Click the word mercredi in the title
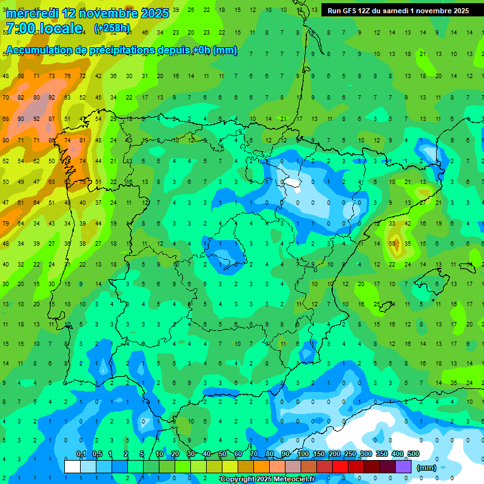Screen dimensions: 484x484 click(32, 13)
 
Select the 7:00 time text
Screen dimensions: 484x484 click(20, 28)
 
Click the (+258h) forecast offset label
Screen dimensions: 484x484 click(112, 28)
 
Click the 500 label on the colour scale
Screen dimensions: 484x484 click(413, 454)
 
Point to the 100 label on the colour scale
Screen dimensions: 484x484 click(303, 454)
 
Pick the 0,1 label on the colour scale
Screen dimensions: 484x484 click(81, 454)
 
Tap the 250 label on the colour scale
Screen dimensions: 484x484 click(350, 454)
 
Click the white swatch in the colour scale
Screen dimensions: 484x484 click(72, 466)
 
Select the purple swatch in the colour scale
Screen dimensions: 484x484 click(404, 466)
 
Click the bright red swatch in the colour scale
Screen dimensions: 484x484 click(341, 466)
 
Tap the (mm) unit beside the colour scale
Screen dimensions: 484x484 click(427, 468)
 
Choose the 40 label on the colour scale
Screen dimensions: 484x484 click(207, 454)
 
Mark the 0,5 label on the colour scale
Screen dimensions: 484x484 click(97, 454)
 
